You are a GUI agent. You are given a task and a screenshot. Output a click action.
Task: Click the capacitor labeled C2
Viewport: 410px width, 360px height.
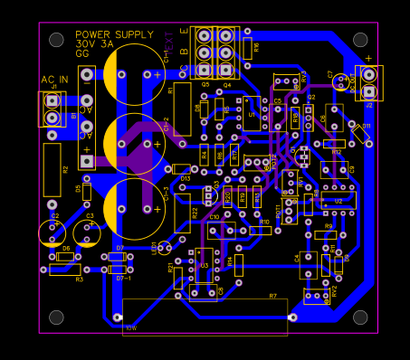53,232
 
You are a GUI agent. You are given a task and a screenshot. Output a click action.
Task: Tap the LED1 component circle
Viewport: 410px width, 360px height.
164,248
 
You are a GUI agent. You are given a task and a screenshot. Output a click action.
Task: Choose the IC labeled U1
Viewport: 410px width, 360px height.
251,113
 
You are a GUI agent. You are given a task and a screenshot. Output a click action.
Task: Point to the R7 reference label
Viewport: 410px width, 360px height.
272,296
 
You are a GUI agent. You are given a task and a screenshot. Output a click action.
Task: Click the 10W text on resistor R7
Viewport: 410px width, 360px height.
130,327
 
